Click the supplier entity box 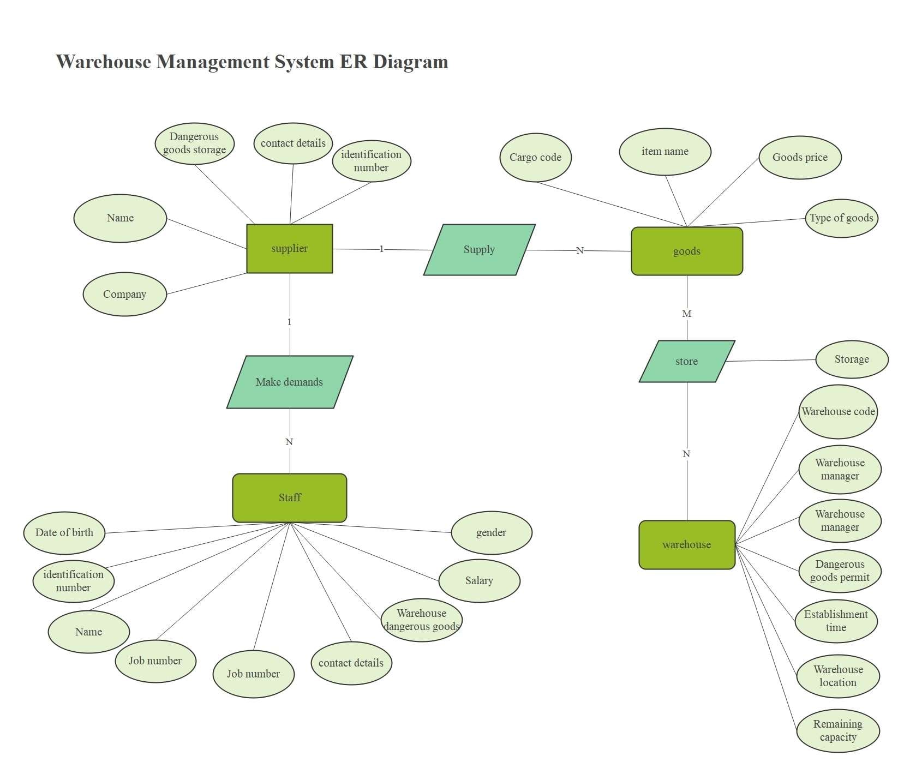pos(289,249)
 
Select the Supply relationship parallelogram pos(479,250)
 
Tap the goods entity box pos(686,251)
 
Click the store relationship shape pos(686,361)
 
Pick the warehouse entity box pos(686,544)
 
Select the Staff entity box pos(289,497)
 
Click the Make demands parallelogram pos(289,382)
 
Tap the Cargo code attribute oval pos(535,157)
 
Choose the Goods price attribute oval pos(800,157)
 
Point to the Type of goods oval pos(841,218)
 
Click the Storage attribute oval pos(852,359)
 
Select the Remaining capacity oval pos(837,730)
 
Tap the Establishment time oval pos(836,621)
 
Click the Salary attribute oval pos(479,580)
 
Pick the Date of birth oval pos(64,532)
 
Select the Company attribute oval pos(124,294)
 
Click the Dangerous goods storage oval pos(194,143)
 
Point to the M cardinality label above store pos(686,314)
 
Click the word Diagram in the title pos(410,62)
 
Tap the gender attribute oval pos(491,532)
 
